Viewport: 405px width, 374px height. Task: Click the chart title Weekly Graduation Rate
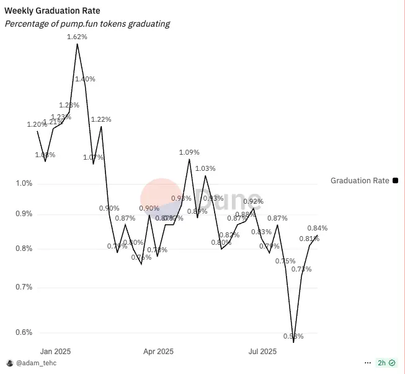click(52, 11)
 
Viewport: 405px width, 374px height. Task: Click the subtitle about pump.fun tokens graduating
click(87, 24)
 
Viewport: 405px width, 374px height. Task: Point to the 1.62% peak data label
click(77, 37)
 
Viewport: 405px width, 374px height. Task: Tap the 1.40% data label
click(85, 79)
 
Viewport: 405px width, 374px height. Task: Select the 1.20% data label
click(37, 124)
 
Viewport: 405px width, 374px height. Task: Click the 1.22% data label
click(101, 119)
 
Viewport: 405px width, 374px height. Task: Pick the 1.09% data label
click(189, 152)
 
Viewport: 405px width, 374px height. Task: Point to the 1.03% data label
click(205, 168)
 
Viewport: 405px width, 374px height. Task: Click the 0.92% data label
click(253, 201)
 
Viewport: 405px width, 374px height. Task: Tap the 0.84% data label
click(317, 228)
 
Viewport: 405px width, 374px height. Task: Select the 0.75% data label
click(285, 261)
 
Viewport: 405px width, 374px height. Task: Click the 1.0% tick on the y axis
click(24, 183)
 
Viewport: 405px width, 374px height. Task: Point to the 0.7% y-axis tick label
click(24, 287)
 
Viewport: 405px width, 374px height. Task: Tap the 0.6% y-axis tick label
click(24, 332)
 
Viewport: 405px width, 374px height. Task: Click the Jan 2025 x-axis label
click(55, 351)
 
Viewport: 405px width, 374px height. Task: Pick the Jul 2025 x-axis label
click(262, 351)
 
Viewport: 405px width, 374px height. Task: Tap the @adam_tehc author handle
click(35, 363)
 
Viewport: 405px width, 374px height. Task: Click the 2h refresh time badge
click(386, 363)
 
